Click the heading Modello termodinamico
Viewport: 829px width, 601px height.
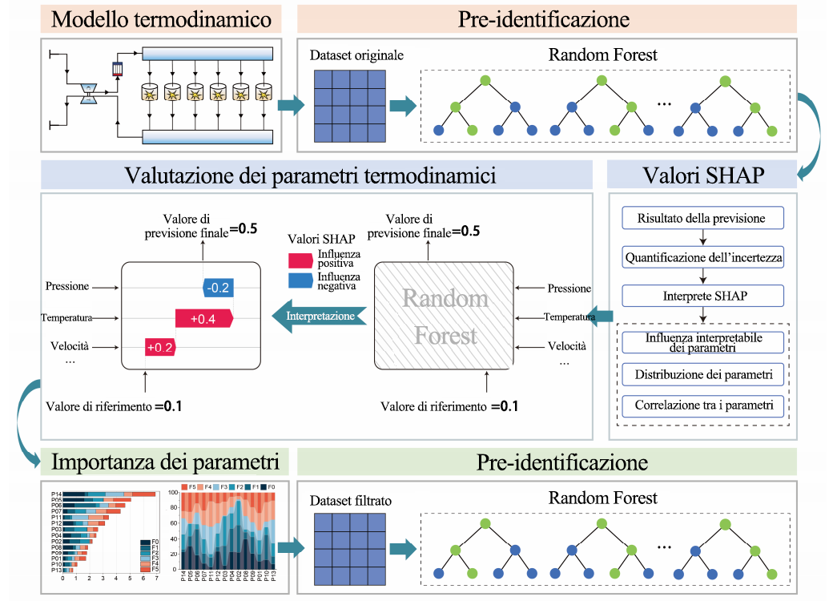pos(161,18)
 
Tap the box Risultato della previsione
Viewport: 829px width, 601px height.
pos(702,218)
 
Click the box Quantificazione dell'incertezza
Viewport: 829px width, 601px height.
pos(702,257)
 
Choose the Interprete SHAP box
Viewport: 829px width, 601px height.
pos(702,296)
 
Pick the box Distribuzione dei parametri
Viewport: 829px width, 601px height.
pos(702,374)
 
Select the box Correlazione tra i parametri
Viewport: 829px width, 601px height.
pos(702,405)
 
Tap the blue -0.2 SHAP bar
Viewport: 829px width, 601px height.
pos(217,287)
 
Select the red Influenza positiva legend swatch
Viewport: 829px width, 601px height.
pos(300,259)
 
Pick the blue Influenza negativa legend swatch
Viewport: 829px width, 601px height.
pos(300,280)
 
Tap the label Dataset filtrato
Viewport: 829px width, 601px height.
pos(350,501)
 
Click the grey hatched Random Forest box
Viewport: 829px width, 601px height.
pos(445,316)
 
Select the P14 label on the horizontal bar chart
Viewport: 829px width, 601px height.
pos(56,494)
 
